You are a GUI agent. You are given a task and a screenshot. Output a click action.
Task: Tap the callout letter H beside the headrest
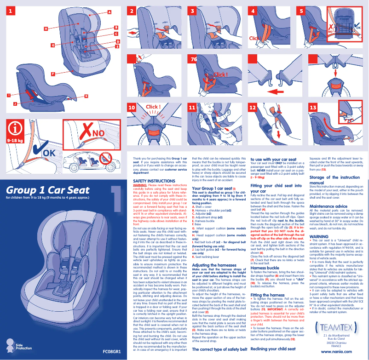(46, 29)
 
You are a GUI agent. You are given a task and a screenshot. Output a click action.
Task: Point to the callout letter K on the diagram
(86, 96)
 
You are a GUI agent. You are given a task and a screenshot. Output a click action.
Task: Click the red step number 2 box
(133, 11)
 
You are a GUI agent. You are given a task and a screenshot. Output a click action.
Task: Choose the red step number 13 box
(313, 108)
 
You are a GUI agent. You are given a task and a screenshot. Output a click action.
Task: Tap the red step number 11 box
(193, 108)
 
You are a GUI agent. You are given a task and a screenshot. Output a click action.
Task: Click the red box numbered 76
(194, 59)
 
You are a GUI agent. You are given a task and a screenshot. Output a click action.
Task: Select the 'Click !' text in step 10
(153, 107)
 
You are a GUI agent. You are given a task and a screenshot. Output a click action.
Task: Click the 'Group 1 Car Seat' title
(47, 190)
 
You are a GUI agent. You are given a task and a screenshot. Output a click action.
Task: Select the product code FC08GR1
(111, 352)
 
